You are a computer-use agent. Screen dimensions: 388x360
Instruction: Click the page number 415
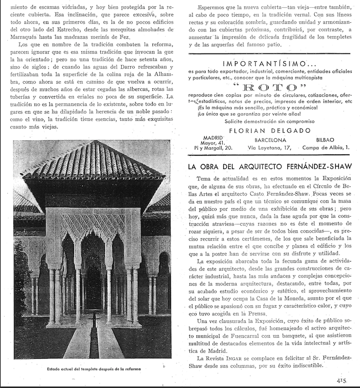pyautogui.click(x=337, y=381)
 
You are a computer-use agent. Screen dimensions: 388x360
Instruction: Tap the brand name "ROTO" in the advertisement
pyautogui.click(x=270, y=87)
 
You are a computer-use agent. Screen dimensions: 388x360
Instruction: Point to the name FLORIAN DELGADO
pyautogui.click(x=269, y=131)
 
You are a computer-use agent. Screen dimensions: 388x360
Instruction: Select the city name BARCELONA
pyautogui.click(x=270, y=140)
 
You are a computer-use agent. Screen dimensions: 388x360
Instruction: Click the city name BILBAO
pyautogui.click(x=326, y=139)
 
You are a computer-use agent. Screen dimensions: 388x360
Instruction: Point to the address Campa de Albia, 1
pyautogui.click(x=326, y=147)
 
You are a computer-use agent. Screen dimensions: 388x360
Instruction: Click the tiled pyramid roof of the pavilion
pyautogui.click(x=93, y=162)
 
